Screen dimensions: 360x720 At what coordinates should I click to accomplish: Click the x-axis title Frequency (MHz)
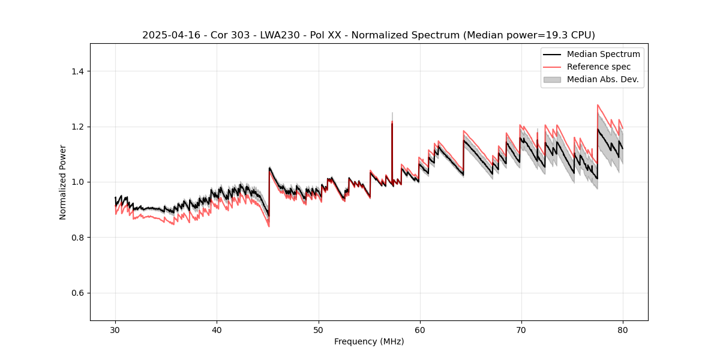click(369, 341)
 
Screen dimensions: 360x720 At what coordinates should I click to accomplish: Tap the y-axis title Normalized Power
click(62, 182)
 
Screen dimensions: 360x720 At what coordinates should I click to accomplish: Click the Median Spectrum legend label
click(603, 54)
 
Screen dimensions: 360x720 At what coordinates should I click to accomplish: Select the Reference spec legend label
click(599, 67)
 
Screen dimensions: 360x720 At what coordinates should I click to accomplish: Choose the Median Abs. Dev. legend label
click(602, 79)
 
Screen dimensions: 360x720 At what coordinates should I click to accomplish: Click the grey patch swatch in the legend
click(552, 79)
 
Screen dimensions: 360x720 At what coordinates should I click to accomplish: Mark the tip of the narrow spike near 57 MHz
click(392, 112)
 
